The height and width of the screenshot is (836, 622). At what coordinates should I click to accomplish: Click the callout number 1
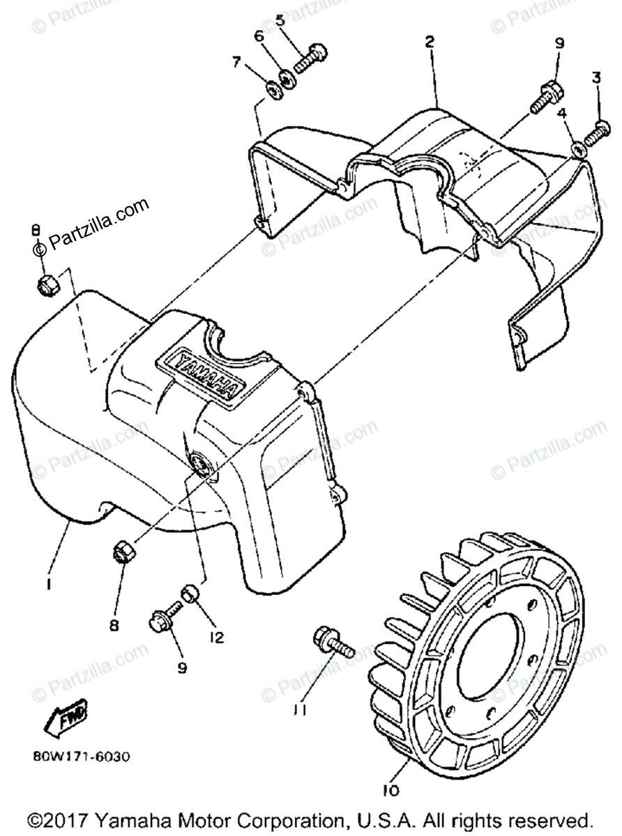coord(48,586)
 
